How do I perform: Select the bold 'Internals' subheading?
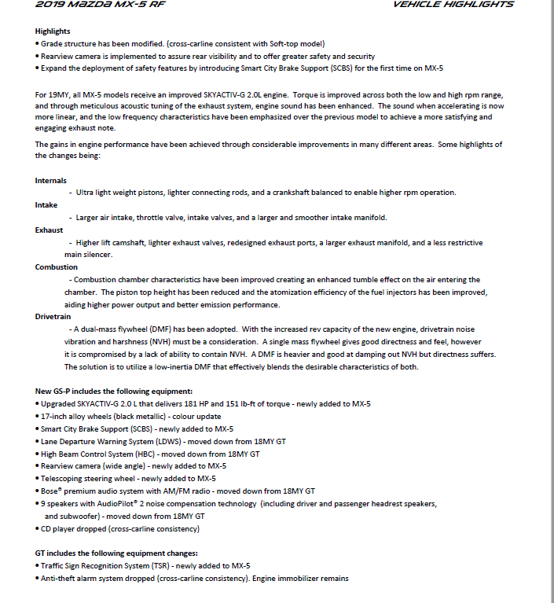coord(51,181)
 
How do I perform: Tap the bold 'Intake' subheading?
coord(47,205)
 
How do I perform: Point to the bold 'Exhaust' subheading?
coord(50,230)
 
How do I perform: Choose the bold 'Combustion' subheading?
coord(57,267)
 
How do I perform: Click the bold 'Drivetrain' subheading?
coord(54,316)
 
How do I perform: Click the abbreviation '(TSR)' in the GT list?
coord(151,565)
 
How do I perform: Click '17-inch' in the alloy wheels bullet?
coord(53,416)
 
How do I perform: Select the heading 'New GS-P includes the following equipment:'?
coord(114,391)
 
